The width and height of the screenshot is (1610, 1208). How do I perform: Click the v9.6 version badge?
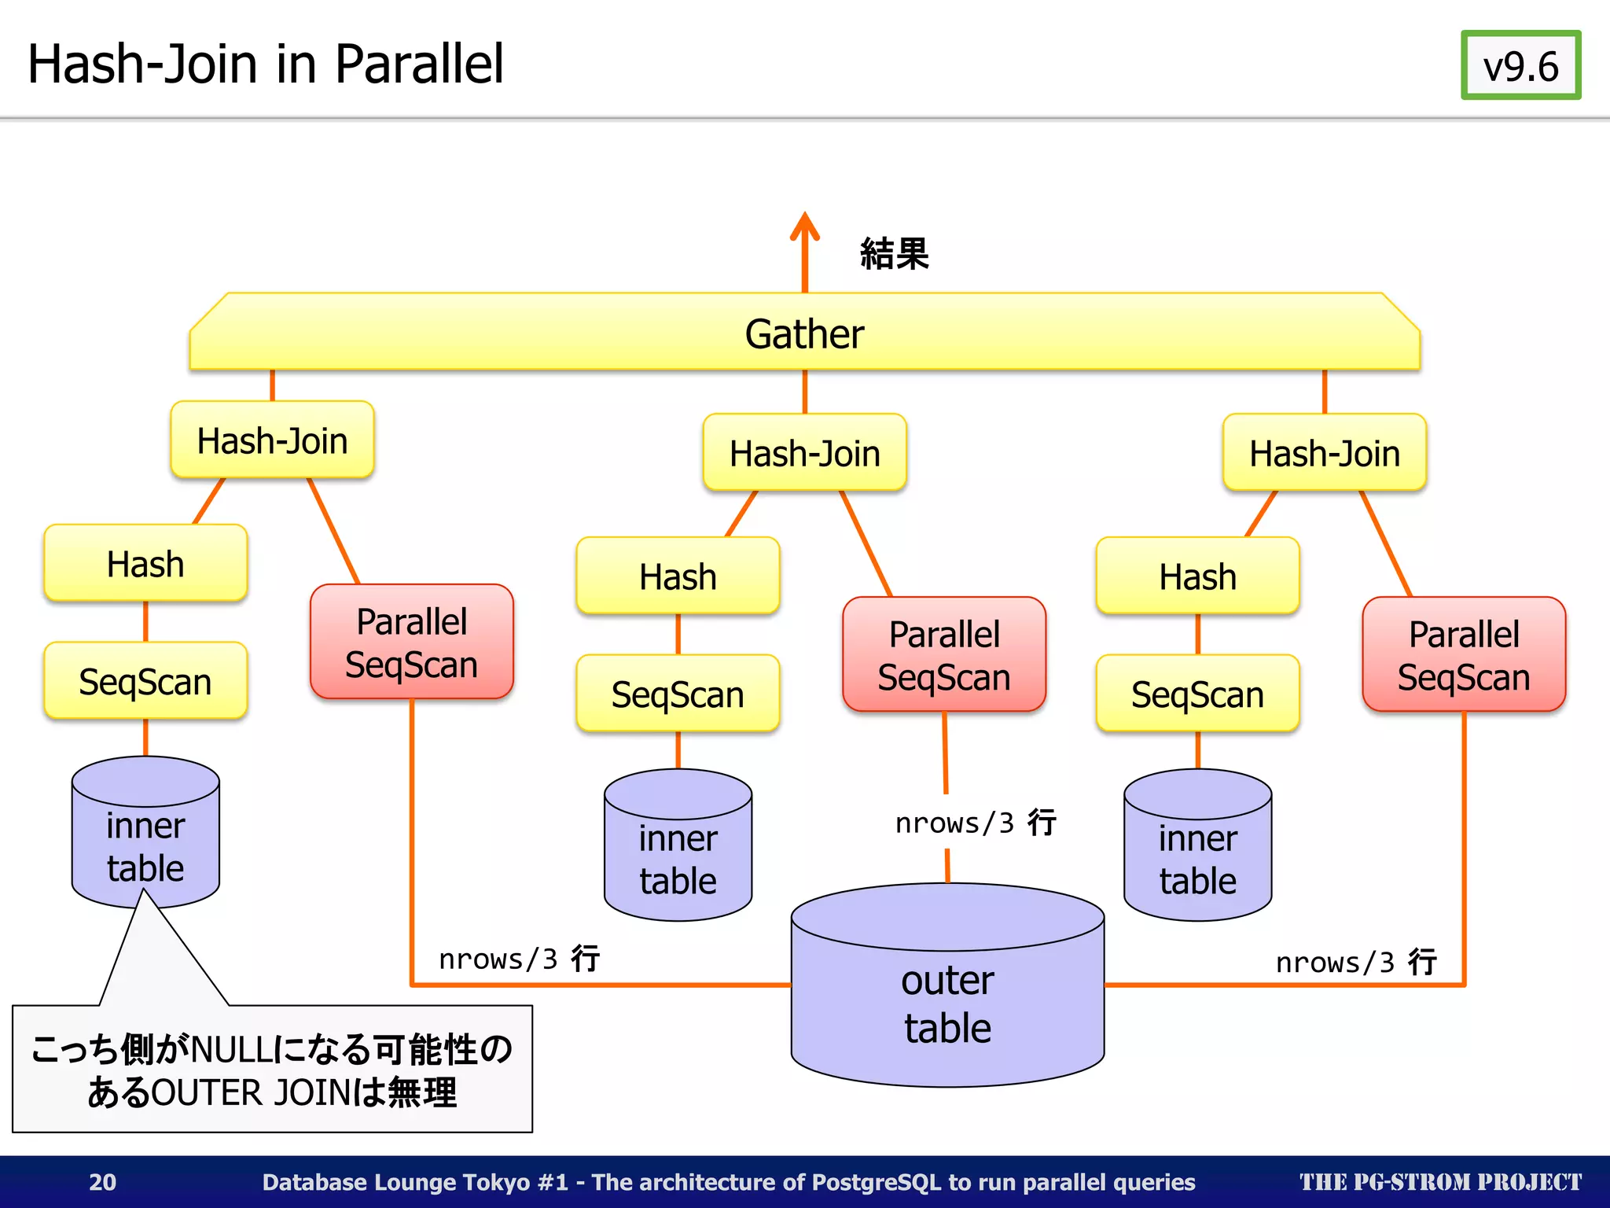coord(1520,65)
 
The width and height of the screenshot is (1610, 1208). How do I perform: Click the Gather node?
coord(804,333)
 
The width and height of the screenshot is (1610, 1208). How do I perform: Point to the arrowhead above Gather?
coord(804,223)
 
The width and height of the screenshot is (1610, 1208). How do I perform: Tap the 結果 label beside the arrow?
coord(894,253)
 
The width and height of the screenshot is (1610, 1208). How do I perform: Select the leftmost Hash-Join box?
coord(272,440)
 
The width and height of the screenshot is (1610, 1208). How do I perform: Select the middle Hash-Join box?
coord(804,453)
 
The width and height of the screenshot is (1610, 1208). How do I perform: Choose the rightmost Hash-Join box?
coord(1324,453)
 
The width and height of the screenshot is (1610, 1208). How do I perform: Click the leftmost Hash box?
coord(145,563)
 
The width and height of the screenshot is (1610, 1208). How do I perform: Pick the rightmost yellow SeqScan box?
coord(1196,694)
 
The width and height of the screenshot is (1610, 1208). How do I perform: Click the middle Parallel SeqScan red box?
coord(943,654)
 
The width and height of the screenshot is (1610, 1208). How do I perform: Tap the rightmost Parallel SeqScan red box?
coord(1463,654)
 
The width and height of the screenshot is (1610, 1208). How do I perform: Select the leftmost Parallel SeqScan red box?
coord(411,642)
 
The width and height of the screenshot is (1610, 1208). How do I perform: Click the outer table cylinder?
coord(947,999)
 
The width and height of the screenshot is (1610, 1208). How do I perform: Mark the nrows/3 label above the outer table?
coord(975,823)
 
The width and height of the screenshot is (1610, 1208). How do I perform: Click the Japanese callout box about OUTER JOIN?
coord(272,1070)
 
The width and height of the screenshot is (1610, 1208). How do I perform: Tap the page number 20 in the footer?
coord(102,1181)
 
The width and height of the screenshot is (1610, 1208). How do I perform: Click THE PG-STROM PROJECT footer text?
coord(1439,1181)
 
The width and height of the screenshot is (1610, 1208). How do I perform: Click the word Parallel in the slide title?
coord(418,64)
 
